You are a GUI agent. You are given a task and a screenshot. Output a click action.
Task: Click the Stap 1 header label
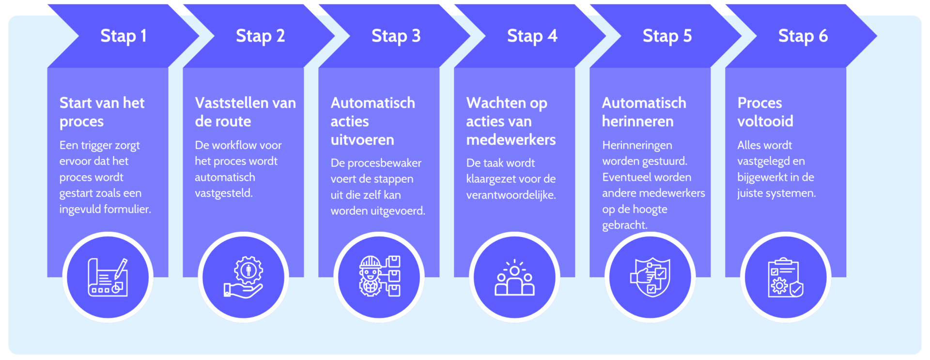pos(123,36)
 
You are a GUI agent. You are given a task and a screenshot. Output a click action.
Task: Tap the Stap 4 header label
pos(532,36)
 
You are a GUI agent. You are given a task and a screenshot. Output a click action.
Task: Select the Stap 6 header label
pos(803,36)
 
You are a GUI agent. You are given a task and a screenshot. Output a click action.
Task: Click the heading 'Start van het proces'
pos(102,112)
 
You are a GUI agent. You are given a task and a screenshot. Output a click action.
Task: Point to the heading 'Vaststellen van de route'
pos(245,112)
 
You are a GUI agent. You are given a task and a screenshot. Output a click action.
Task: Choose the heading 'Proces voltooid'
pos(765,112)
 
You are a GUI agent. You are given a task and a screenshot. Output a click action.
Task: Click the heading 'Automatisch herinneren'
pos(644,112)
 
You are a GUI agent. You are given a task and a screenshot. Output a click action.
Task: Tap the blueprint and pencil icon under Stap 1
pos(108,277)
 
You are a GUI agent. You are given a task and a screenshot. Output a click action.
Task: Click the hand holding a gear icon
pos(243,277)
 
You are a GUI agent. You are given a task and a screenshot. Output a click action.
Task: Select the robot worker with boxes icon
pos(379,277)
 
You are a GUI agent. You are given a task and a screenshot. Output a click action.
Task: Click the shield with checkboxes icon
pos(650,277)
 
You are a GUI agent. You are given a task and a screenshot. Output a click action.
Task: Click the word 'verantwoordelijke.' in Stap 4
pos(511,195)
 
